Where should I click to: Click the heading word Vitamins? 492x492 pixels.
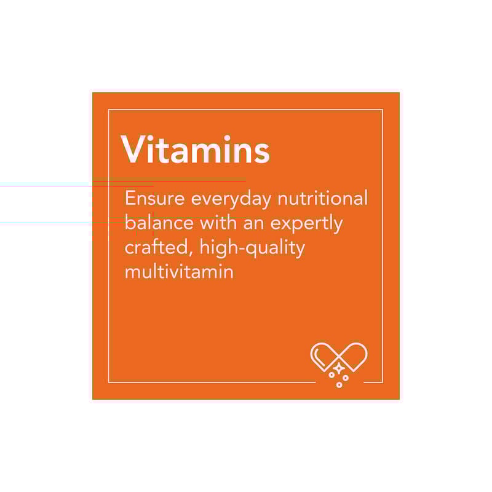(196, 149)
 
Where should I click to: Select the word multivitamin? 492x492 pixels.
(179, 271)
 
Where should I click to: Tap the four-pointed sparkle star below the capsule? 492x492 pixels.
(338, 367)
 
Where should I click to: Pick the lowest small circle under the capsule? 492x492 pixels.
(339, 385)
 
